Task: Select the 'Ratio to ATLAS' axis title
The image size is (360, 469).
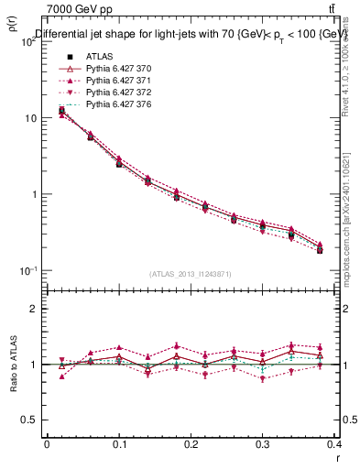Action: pyautogui.click(x=12, y=365)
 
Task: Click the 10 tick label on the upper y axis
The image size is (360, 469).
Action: pyautogui.click(x=31, y=118)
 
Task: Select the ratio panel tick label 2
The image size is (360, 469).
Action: pyautogui.click(x=34, y=309)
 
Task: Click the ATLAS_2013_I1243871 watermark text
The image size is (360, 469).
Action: pyautogui.click(x=191, y=274)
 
